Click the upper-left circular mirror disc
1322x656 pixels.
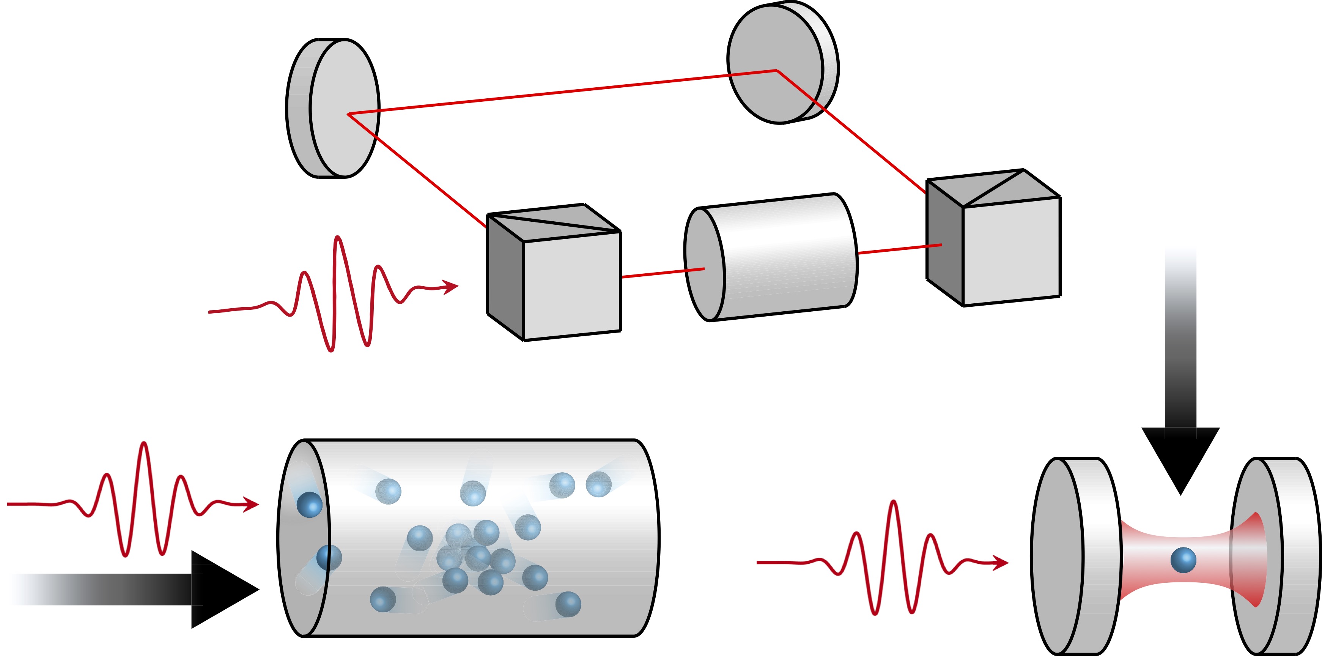click(339, 108)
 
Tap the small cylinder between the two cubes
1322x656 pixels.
click(775, 257)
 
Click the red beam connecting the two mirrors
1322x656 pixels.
click(565, 91)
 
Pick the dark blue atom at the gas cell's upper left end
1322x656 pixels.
click(310, 504)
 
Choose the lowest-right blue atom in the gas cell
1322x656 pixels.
click(568, 604)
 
